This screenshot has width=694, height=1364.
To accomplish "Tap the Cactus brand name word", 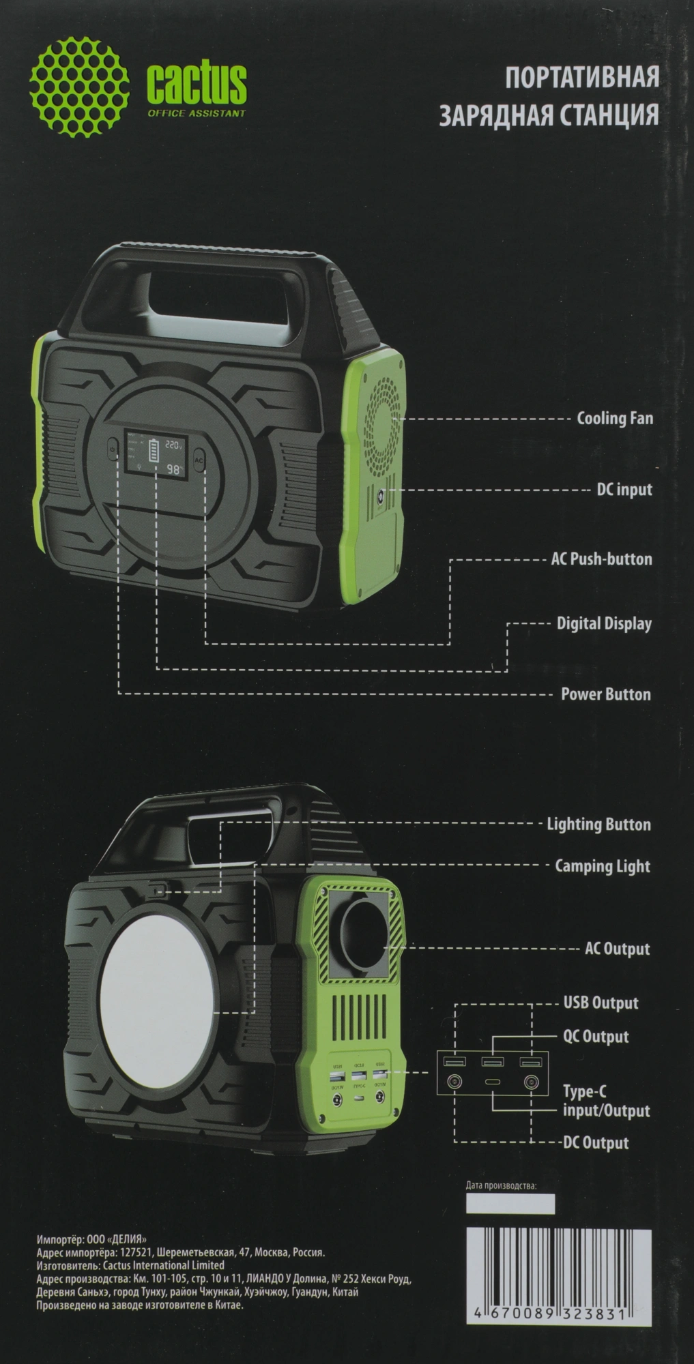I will point(197,84).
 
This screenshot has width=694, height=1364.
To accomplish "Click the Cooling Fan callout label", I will point(615,418).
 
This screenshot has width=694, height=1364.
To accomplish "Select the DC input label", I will point(624,489).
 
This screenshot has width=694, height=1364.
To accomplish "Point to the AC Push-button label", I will point(601,559).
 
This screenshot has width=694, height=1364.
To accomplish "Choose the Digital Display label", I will point(604,623).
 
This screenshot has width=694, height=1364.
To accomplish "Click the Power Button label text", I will point(605,694).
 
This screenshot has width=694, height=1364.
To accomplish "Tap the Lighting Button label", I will point(598,825).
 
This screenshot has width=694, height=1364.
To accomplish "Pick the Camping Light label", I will point(603,866).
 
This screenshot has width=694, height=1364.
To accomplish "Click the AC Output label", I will point(617,949).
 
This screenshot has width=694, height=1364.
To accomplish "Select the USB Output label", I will point(601,1003).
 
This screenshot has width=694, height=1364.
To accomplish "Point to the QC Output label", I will point(596,1037).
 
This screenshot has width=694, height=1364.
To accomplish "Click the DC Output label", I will point(596,1143).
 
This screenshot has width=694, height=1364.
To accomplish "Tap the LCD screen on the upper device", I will point(154,453).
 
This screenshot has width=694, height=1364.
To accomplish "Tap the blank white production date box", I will point(510,1204).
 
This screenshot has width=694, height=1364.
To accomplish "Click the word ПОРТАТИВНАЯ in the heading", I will point(582,78).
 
